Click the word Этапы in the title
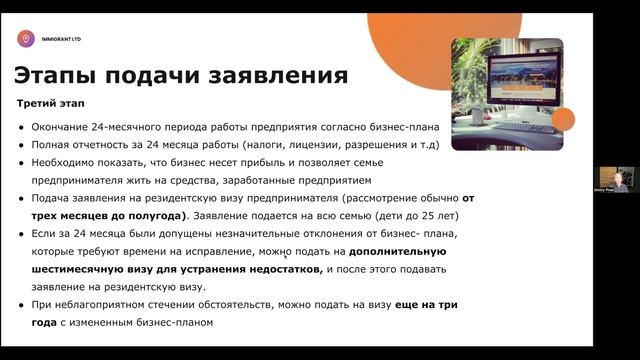point(58,75)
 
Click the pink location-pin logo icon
point(25,39)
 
